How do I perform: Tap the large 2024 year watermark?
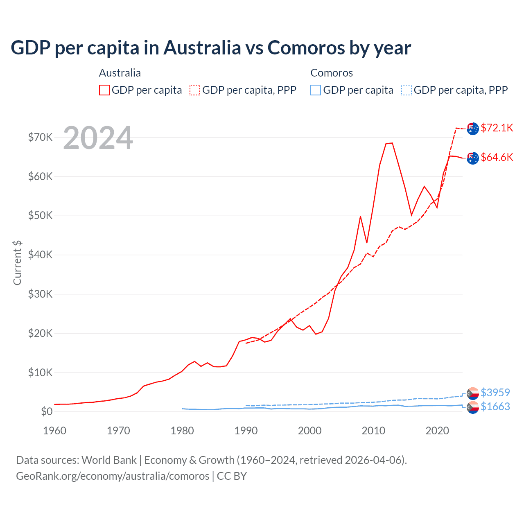(x=98, y=138)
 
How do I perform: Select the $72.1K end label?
(x=497, y=128)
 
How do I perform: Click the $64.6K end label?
(x=497, y=157)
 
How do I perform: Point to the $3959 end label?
(x=495, y=393)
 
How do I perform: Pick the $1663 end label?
(x=495, y=407)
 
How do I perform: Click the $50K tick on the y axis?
(x=40, y=216)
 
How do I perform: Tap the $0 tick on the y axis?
(x=47, y=412)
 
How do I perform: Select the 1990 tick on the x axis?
(x=246, y=431)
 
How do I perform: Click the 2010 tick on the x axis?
(x=373, y=431)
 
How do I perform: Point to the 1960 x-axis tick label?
(x=54, y=431)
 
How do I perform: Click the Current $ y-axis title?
(x=17, y=262)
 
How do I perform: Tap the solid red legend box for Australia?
(x=104, y=90)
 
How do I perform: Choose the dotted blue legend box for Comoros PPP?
(x=407, y=90)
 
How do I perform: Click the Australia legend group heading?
(x=120, y=73)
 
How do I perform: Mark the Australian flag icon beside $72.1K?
(x=473, y=128)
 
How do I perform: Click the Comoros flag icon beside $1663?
(x=473, y=407)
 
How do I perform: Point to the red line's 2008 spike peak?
(x=360, y=216)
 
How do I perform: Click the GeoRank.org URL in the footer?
(x=113, y=476)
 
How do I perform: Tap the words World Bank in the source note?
(x=109, y=460)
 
